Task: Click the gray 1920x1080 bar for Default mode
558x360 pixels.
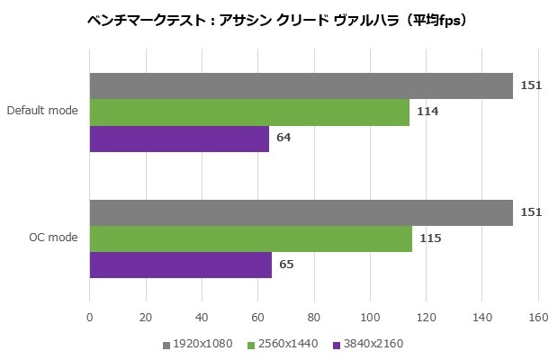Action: (301, 85)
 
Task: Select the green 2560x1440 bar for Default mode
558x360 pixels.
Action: (249, 112)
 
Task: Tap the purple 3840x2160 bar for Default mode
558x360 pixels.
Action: (179, 139)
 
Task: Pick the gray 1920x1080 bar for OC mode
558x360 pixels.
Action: (301, 212)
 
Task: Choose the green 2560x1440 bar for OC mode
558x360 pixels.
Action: (250, 238)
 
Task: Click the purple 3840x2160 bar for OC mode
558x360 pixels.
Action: (180, 265)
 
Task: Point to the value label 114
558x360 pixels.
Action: (427, 112)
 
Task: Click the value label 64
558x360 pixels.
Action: (283, 139)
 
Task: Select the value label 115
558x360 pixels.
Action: (430, 238)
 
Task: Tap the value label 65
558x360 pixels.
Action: (286, 265)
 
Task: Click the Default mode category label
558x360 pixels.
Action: (42, 112)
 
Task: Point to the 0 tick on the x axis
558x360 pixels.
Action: (89, 317)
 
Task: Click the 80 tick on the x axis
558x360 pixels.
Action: (313, 317)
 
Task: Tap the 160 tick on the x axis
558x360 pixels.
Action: (537, 317)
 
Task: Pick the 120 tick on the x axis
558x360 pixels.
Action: (426, 317)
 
